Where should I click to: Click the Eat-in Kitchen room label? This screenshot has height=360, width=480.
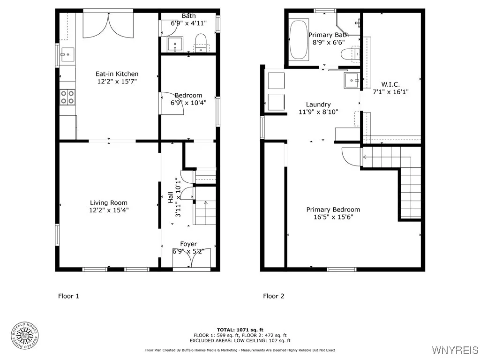click(117, 74)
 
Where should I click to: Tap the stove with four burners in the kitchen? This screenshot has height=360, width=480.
click(67, 97)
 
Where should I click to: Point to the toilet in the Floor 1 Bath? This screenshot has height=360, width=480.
click(201, 43)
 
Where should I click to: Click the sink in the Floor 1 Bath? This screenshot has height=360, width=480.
click(176, 45)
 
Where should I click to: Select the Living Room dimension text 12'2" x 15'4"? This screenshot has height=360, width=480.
click(109, 210)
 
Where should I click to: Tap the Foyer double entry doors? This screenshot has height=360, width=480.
click(191, 259)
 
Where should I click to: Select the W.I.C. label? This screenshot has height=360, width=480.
click(390, 84)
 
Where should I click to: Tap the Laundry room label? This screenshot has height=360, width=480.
click(318, 105)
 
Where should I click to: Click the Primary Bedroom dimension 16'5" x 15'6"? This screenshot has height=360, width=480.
click(333, 217)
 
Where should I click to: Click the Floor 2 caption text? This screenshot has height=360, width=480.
click(273, 296)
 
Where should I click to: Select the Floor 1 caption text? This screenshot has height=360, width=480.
click(68, 296)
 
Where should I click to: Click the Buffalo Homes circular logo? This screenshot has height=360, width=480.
click(24, 335)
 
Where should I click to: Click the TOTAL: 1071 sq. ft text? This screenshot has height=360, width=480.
click(240, 330)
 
